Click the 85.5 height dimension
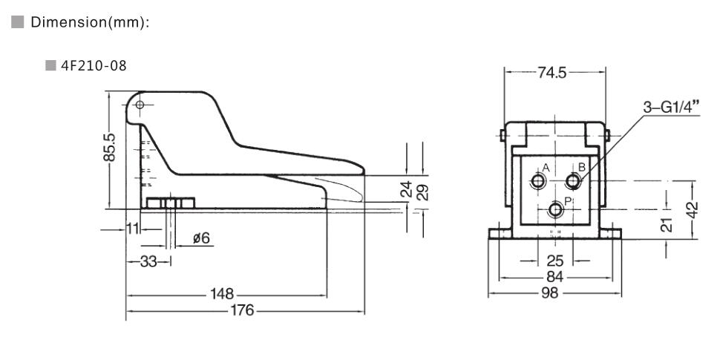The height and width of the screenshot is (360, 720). click(x=110, y=148)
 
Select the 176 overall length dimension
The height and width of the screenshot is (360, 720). click(x=242, y=310)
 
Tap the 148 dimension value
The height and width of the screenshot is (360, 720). click(x=221, y=294)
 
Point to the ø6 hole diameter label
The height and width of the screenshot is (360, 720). click(x=200, y=238)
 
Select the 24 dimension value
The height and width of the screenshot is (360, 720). click(x=406, y=190)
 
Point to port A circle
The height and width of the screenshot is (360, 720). click(x=537, y=182)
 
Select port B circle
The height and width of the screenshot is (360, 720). click(x=573, y=181)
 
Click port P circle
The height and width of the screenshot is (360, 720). click(x=555, y=211)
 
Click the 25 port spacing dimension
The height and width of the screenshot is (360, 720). click(x=555, y=261)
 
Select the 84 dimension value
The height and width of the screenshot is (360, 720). click(x=554, y=277)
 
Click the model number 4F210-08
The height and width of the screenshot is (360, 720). click(x=94, y=65)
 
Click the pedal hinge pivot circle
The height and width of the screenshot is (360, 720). click(x=140, y=104)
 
